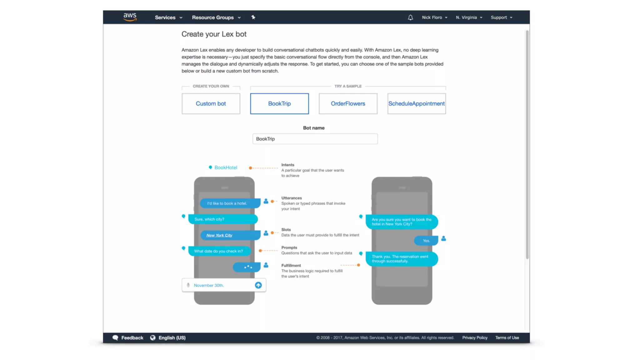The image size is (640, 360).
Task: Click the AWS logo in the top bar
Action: [130, 17]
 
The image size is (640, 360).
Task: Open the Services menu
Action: [168, 17]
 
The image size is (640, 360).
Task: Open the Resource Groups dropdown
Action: [216, 17]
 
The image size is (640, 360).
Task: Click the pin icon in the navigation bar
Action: [253, 17]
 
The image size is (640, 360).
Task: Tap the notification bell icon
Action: [410, 17]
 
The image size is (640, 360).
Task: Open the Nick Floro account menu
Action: [434, 17]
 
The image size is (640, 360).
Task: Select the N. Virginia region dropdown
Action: [469, 17]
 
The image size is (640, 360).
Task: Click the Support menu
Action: [501, 17]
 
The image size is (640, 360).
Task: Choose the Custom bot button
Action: [211, 103]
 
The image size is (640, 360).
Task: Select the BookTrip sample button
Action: [279, 103]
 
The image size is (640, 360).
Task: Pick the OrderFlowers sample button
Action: [348, 103]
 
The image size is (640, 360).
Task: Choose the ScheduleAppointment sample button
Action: [416, 103]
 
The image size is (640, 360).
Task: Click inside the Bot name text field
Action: [315, 139]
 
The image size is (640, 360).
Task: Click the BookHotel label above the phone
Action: [226, 167]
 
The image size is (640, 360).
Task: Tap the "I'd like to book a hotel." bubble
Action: [227, 203]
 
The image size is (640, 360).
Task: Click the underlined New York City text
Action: [219, 235]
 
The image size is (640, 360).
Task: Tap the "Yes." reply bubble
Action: [426, 241]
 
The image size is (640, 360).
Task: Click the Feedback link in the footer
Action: [132, 338]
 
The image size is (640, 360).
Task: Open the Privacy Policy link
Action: [475, 338]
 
